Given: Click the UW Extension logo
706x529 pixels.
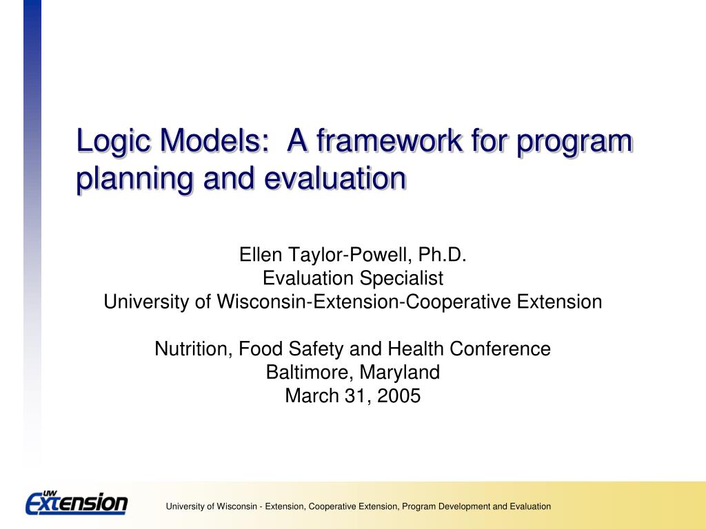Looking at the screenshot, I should click(x=77, y=503).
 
